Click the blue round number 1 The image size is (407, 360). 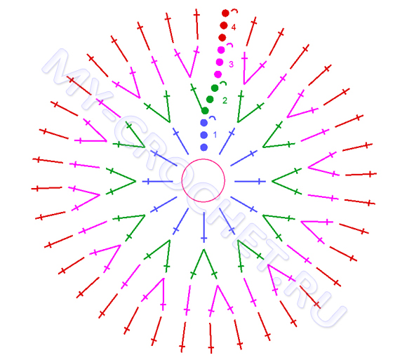click(x=215, y=135)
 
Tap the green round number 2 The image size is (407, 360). click(x=225, y=100)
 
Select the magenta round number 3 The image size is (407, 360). click(x=231, y=64)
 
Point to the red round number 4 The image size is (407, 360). click(x=234, y=27)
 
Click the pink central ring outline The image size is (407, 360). click(x=203, y=159)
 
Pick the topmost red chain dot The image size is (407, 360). click(x=225, y=13)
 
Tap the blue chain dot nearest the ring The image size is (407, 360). click(x=204, y=147)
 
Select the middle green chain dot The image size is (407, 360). click(x=210, y=99)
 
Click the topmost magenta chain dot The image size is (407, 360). click(x=221, y=50)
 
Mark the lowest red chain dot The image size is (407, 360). click(x=222, y=38)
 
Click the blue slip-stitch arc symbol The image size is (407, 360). click(x=213, y=117)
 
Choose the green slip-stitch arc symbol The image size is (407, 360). click(x=223, y=82)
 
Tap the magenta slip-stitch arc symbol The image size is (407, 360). click(x=229, y=45)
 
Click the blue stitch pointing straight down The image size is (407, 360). click(x=204, y=227)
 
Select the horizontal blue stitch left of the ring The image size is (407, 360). click(x=158, y=181)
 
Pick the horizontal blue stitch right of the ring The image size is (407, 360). click(x=251, y=181)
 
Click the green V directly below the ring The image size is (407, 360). click(x=203, y=264)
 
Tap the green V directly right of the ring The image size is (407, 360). click(x=286, y=181)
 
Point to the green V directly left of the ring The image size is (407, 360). click(x=121, y=181)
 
